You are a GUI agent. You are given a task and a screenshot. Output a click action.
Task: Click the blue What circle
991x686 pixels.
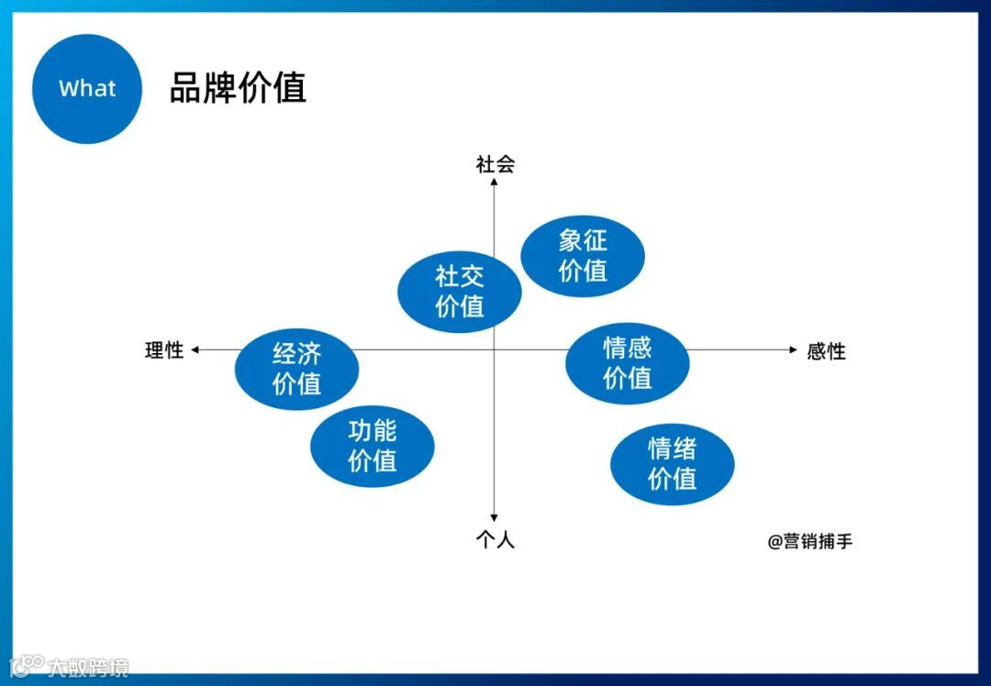(87, 89)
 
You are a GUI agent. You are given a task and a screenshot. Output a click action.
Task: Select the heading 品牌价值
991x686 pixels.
(238, 88)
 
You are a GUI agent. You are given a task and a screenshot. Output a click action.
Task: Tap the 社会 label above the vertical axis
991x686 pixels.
(495, 164)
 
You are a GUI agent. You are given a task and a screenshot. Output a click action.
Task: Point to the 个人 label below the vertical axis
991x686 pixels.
(495, 540)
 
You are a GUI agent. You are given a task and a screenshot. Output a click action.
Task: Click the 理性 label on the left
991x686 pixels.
(164, 349)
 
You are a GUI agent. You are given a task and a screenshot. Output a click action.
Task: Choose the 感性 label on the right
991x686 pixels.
(826, 350)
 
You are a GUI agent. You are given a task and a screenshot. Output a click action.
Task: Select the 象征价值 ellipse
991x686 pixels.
(583, 256)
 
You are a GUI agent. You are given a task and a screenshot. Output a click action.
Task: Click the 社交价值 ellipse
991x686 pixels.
(459, 291)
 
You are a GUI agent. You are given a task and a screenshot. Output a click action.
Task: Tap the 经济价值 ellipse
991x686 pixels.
(296, 369)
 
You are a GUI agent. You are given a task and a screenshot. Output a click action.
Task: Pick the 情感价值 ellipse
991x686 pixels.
(627, 362)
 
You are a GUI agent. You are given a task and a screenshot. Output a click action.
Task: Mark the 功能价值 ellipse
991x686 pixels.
(372, 446)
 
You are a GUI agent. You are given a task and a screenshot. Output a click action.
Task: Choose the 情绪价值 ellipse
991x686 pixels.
(673, 463)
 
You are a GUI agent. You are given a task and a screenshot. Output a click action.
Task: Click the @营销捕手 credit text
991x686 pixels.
(810, 541)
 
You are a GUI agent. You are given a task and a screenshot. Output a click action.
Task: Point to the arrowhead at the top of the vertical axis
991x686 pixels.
(494, 182)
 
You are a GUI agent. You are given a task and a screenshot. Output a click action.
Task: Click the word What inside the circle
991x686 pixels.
(87, 89)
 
